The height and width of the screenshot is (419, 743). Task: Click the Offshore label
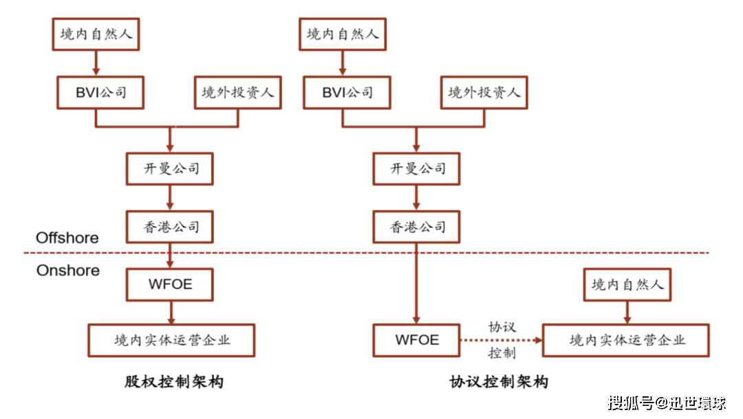(67, 238)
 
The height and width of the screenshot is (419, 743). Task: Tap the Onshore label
(68, 270)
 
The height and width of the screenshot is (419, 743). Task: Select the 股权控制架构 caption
(174, 382)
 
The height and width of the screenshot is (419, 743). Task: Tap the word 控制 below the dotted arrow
(502, 354)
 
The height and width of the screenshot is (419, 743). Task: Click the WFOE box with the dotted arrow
(417, 340)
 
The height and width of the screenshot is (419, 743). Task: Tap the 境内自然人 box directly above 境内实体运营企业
(627, 284)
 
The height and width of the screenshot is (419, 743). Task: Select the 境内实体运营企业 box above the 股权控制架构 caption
(171, 340)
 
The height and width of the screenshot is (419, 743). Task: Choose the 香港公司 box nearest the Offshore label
(170, 226)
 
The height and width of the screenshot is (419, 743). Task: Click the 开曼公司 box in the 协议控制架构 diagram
(417, 168)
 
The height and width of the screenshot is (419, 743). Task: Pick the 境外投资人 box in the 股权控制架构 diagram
(237, 92)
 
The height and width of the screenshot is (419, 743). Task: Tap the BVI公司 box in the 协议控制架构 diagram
(347, 92)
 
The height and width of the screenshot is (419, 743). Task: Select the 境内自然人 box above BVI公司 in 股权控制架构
(96, 34)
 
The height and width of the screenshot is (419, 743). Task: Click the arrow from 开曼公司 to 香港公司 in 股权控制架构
(170, 198)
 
